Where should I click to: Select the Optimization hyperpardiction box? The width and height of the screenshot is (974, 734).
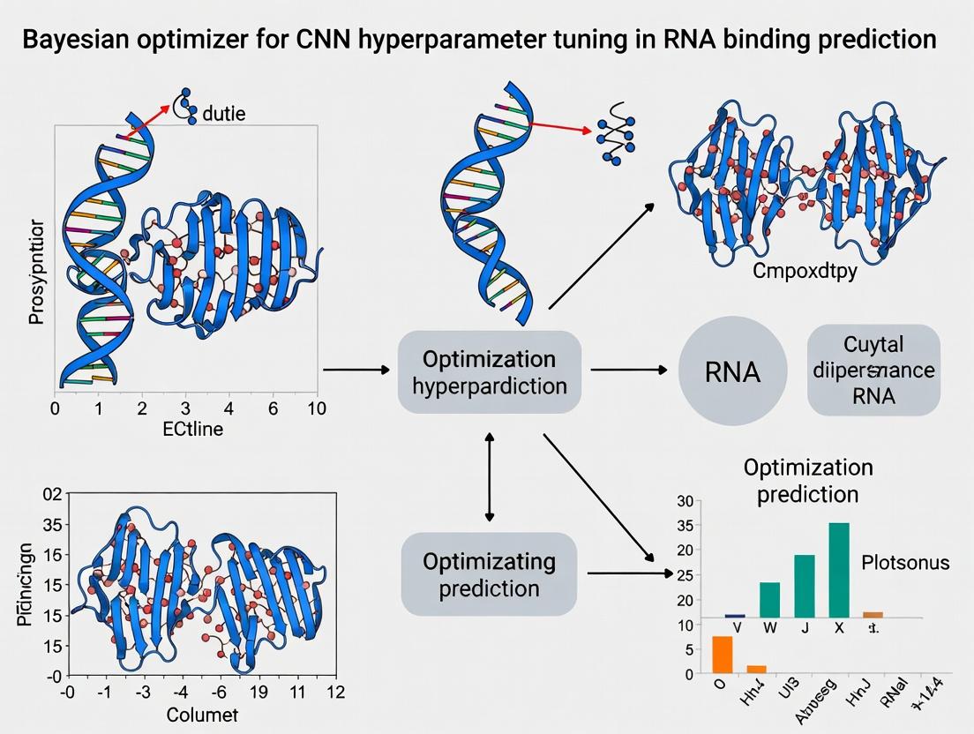pos(489,372)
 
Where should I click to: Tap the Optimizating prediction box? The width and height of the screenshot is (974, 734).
pos(489,574)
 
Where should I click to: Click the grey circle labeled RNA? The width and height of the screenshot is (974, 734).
pos(732,371)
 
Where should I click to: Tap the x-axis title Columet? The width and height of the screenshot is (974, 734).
pos(202,715)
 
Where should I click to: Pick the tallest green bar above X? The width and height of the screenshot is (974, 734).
pos(838,570)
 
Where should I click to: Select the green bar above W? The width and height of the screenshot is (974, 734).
pos(769,599)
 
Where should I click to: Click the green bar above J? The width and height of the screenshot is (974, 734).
pos(804,585)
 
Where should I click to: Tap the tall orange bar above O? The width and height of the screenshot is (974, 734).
pos(723,654)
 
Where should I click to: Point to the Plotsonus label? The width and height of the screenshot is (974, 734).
pos(905,562)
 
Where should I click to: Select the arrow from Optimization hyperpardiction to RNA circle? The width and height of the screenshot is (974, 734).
pos(628,371)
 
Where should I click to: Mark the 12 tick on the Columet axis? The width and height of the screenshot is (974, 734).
pos(334,693)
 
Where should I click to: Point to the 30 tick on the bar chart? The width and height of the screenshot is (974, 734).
pos(686,502)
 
